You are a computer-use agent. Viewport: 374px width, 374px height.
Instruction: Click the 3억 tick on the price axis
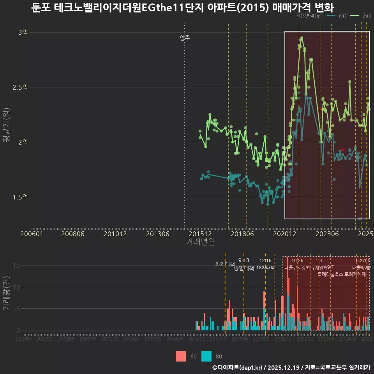(23, 32)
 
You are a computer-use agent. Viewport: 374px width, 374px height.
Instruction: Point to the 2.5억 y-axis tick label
(21, 87)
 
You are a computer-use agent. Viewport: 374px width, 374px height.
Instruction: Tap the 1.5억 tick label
(21, 197)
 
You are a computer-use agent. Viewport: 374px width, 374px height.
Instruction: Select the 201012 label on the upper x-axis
(115, 234)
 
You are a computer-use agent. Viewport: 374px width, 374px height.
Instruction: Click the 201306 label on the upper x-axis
(157, 234)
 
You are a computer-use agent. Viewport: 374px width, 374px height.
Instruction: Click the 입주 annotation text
(185, 38)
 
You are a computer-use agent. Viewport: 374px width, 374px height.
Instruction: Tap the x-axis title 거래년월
(200, 242)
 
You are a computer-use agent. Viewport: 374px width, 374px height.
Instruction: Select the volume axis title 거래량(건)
(7, 293)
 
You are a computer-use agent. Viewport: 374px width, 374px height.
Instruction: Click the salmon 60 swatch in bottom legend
(181, 356)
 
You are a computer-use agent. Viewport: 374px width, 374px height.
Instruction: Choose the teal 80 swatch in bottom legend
(206, 356)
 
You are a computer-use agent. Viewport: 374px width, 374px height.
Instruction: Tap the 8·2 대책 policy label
(222, 264)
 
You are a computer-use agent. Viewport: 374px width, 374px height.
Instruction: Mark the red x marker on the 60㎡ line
(342, 150)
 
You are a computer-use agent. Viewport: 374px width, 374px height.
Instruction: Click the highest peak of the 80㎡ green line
(302, 38)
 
